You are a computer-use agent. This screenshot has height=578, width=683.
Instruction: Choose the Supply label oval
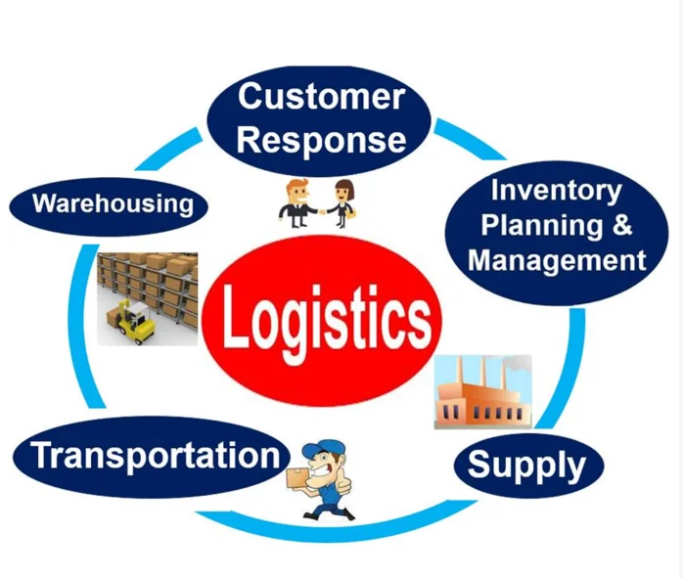tap(526, 464)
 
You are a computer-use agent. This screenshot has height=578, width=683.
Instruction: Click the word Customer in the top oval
tap(321, 97)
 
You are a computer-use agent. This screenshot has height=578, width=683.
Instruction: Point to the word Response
tap(321, 139)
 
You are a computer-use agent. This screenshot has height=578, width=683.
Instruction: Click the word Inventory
tap(556, 190)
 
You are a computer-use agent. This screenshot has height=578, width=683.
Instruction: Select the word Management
tap(557, 260)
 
